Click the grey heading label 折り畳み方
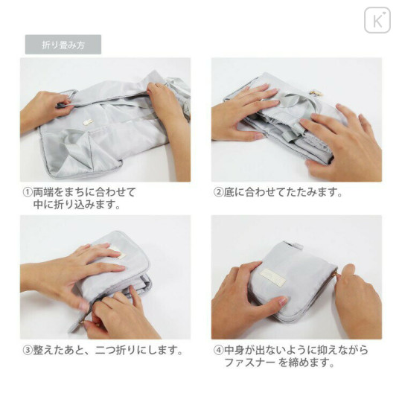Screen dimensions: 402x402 [63, 45]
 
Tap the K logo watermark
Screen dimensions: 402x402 [377, 20]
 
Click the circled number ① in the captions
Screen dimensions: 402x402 [28, 192]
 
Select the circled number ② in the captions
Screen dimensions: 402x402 [218, 192]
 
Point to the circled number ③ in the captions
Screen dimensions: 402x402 [28, 350]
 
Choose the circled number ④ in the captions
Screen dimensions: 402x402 [218, 350]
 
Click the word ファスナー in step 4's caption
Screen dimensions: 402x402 [250, 363]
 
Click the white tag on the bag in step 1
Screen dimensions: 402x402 [88, 121]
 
